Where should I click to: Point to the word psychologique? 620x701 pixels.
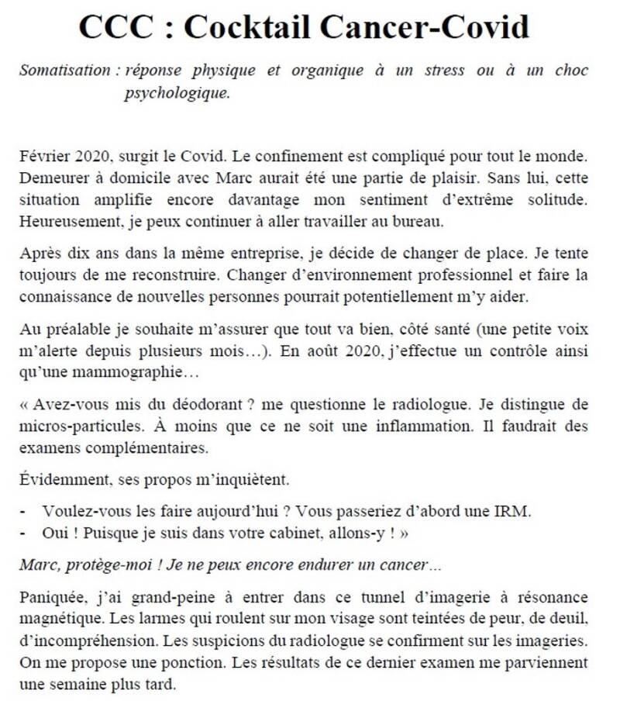click(177, 93)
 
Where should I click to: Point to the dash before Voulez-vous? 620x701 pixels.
click(22, 513)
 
